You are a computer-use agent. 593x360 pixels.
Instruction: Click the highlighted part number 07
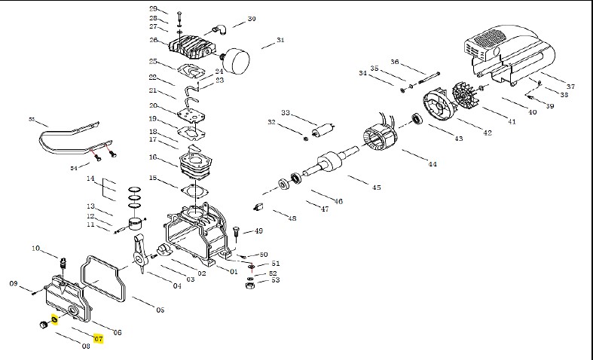pos(98,340)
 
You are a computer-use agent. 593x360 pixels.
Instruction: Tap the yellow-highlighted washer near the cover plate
pos(54,320)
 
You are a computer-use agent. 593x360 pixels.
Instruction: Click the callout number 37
pos(570,87)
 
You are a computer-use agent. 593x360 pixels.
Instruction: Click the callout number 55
pos(32,119)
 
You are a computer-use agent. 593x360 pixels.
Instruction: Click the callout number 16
pos(153,157)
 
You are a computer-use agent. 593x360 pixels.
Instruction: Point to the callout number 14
pos(89,178)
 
